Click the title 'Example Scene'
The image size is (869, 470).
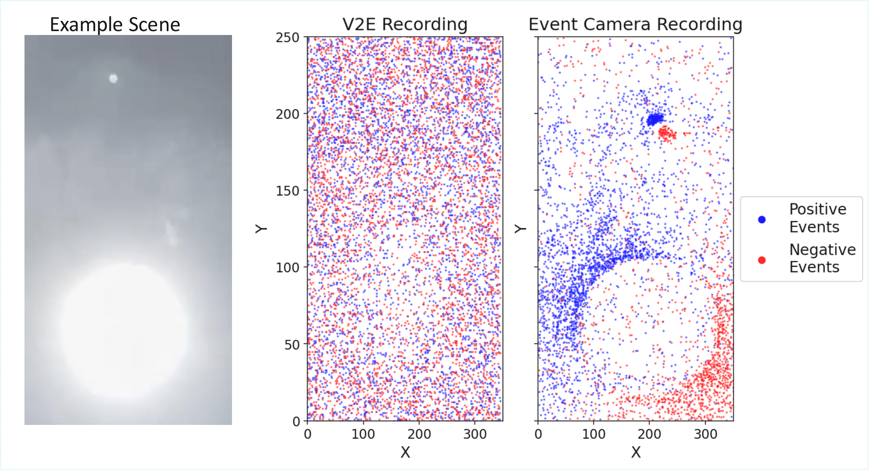pos(115,25)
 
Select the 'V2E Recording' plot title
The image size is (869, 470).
pos(405,24)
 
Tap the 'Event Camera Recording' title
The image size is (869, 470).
pos(635,24)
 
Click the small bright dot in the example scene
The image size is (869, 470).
pos(113,79)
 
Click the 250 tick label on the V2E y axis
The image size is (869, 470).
pos(287,38)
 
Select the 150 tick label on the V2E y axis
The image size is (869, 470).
pos(287,191)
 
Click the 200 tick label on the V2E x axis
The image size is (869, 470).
pos(419,434)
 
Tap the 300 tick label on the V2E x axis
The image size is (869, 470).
pos(475,434)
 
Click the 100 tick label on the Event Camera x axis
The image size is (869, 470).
pos(593,434)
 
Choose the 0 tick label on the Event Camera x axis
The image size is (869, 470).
pos(538,434)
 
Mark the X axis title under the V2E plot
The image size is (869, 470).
pos(405,452)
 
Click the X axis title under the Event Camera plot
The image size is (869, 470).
pos(636,452)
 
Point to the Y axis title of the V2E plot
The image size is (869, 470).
pos(261,229)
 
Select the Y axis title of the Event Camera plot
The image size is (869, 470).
pos(520,229)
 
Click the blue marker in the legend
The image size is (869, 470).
pos(762,220)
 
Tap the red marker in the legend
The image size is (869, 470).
pos(762,260)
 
